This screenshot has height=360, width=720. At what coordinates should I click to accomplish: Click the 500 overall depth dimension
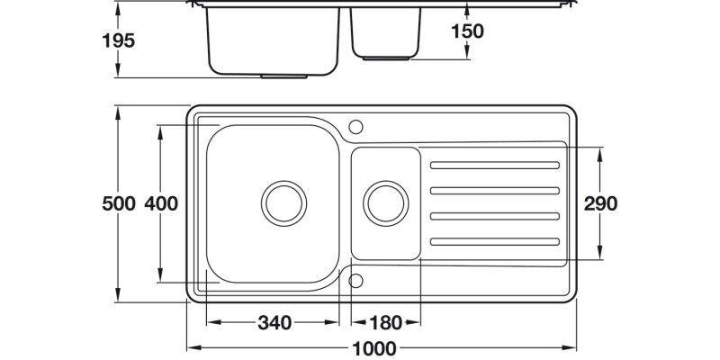(118, 203)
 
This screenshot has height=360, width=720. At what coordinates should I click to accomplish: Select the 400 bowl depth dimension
(160, 203)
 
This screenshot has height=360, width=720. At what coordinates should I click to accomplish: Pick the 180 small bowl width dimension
(383, 322)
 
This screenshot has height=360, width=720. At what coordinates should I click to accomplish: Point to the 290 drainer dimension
(599, 203)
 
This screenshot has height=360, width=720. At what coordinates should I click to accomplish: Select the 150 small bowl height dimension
(467, 31)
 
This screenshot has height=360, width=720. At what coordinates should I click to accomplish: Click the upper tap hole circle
(355, 125)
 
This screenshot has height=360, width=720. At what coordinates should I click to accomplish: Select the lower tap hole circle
(355, 280)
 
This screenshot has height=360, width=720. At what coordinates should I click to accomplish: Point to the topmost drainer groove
(495, 165)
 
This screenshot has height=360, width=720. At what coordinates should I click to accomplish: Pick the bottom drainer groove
(495, 240)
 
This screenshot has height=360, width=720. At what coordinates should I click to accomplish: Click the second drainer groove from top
(495, 190)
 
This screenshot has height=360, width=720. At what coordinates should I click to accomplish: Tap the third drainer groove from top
(495, 215)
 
